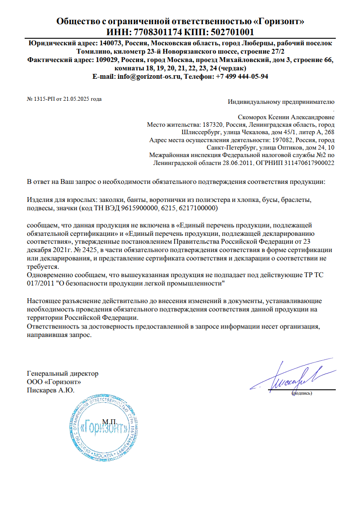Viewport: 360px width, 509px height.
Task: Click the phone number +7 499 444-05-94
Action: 242,76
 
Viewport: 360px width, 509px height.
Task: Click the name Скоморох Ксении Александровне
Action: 286,117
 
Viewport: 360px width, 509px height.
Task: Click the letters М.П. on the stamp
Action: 108,421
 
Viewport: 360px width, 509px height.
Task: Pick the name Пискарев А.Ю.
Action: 51,390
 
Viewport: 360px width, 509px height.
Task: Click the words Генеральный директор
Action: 62,374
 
